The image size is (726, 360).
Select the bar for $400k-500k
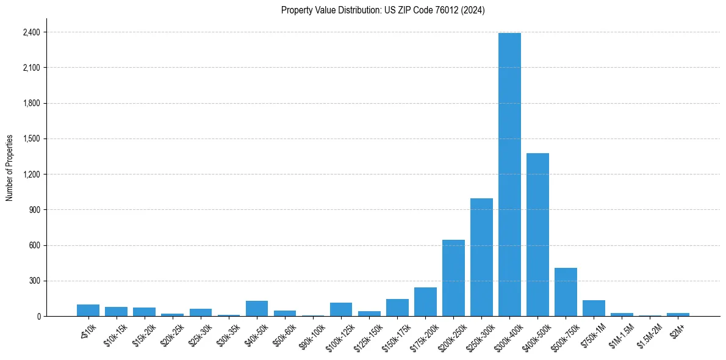pos(537,235)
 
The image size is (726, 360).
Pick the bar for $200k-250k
pos(453,278)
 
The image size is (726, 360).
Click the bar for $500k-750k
pos(566,292)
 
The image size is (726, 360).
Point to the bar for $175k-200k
pos(425,302)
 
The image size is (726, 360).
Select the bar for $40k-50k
pos(257,309)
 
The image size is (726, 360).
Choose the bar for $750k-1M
pos(594,309)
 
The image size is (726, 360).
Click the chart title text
pos(383,10)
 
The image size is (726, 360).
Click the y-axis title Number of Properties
pos(10,168)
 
